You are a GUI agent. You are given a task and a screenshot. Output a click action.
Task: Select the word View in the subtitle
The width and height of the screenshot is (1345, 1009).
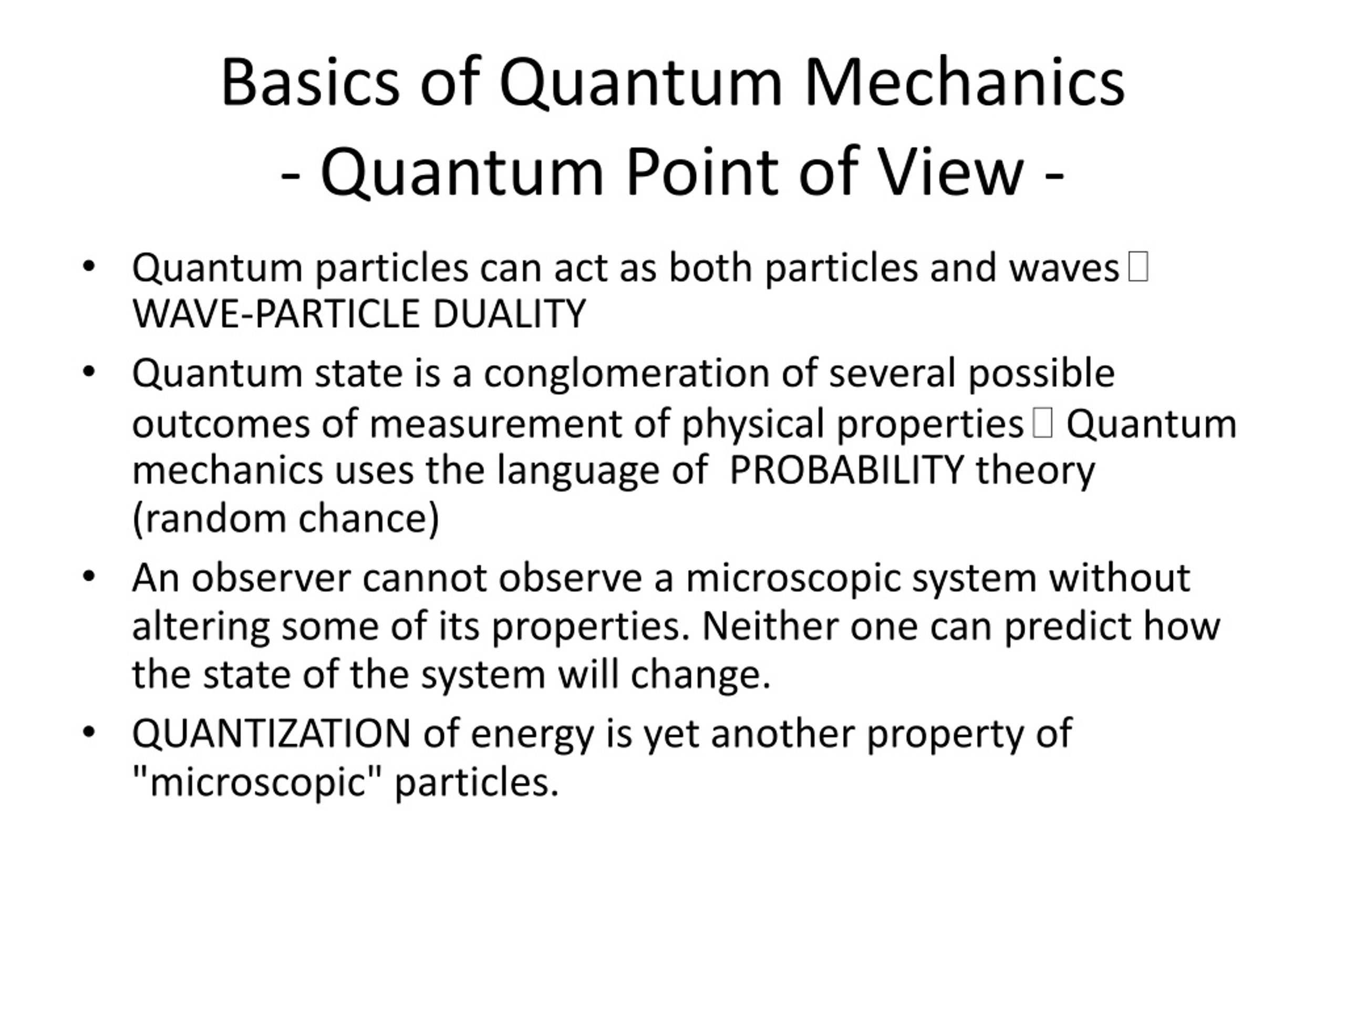pyautogui.click(x=951, y=172)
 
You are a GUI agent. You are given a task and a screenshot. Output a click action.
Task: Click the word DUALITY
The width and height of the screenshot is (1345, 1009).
pyautogui.click(x=509, y=314)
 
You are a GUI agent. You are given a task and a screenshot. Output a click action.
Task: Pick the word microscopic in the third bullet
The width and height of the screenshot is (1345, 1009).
pyautogui.click(x=793, y=577)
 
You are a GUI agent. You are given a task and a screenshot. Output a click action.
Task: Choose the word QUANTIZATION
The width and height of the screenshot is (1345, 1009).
pyautogui.click(x=271, y=733)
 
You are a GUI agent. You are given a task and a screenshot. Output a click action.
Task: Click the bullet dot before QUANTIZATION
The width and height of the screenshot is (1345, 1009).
pyautogui.click(x=89, y=732)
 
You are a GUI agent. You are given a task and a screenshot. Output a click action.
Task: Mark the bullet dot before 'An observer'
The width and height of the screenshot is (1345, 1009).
pyautogui.click(x=89, y=576)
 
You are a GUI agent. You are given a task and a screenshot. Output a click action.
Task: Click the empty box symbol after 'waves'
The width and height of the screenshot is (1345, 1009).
pyautogui.click(x=1137, y=267)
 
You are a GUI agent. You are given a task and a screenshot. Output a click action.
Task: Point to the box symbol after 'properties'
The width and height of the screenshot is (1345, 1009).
pyautogui.click(x=1042, y=423)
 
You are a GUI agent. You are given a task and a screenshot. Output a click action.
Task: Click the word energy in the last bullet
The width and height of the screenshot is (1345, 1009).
pyautogui.click(x=532, y=734)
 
